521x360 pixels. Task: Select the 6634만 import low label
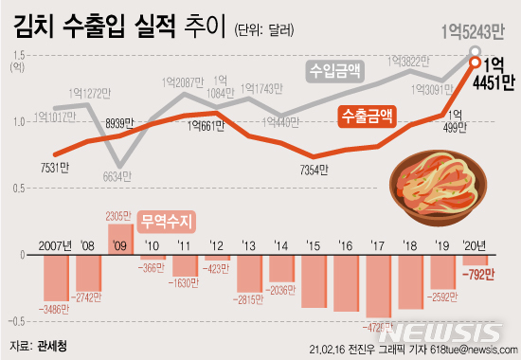[x=119, y=176]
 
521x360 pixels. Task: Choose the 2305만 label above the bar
[x=121, y=215]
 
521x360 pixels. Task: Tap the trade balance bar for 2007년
[x=56, y=276]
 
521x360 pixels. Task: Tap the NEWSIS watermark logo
[x=455, y=332]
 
